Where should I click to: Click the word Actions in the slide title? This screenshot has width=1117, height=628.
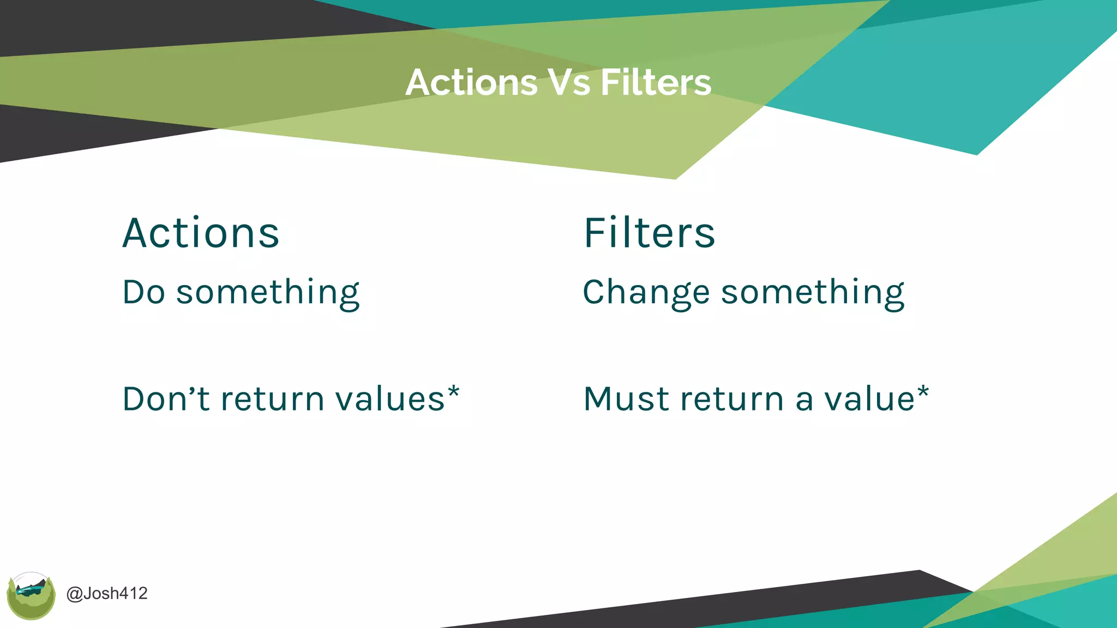[471, 83]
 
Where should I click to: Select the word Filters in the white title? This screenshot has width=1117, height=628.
[656, 83]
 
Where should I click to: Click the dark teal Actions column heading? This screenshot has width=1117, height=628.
[201, 233]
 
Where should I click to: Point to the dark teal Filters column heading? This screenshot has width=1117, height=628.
[649, 233]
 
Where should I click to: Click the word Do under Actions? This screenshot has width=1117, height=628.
[143, 292]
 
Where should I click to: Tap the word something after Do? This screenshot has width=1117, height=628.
[268, 293]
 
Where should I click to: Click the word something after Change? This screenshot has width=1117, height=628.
[813, 293]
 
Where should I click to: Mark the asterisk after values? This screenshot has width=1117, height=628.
[454, 392]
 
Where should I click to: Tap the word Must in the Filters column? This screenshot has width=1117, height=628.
[627, 398]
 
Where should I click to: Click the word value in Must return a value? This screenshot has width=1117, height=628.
[869, 400]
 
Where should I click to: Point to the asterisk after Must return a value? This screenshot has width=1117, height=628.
[923, 392]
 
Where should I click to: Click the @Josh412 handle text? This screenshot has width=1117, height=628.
[107, 594]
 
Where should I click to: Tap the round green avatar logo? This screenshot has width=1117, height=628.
[31, 596]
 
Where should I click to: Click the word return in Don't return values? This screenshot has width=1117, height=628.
[272, 400]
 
